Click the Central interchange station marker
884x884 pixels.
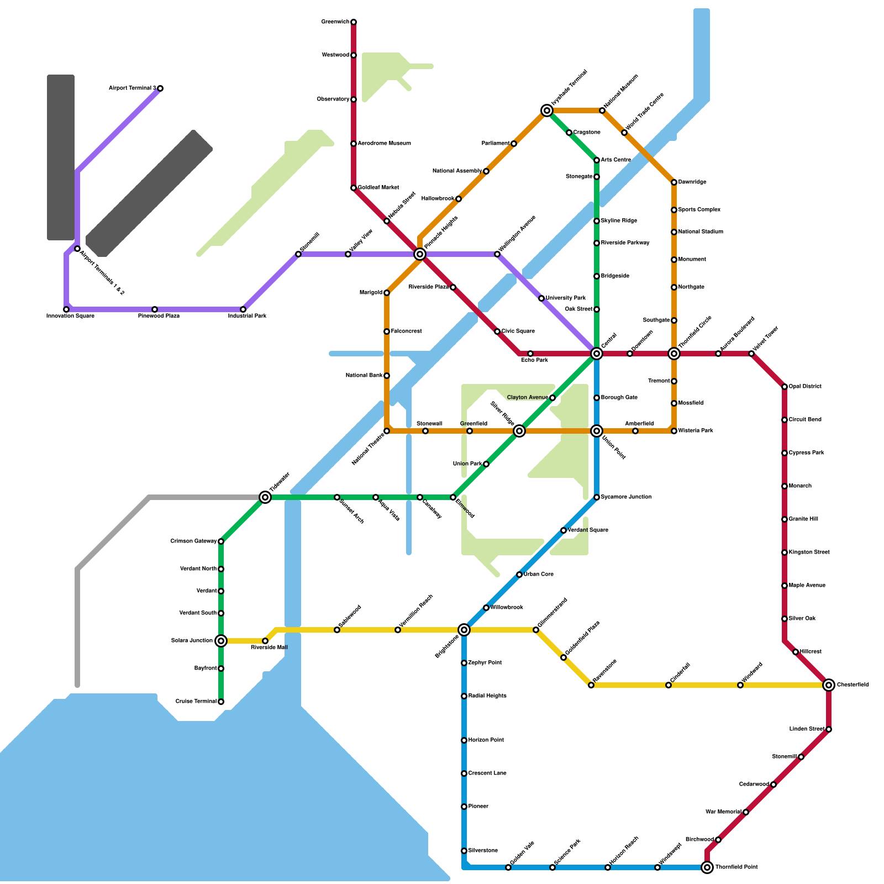tap(597, 354)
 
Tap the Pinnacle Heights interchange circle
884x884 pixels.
tap(420, 254)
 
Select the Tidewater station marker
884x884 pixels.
tap(265, 497)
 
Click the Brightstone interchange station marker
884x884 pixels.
tap(464, 630)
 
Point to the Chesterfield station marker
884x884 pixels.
tap(829, 685)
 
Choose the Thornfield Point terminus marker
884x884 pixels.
tap(707, 867)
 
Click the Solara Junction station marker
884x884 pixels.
tap(221, 641)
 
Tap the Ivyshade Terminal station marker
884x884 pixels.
tap(547, 110)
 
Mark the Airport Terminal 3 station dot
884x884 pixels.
tap(160, 88)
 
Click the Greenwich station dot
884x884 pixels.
tap(354, 22)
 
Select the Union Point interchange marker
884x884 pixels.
tap(597, 431)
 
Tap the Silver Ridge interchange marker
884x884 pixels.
tap(519, 431)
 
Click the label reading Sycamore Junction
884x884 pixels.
tap(626, 497)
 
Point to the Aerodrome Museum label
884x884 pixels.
tap(384, 144)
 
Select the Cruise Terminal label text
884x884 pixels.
tap(196, 702)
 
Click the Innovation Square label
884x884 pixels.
tap(70, 316)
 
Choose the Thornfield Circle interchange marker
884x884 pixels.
tap(674, 354)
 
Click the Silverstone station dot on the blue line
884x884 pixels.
tap(464, 851)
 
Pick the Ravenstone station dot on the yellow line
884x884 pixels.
tap(591, 685)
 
